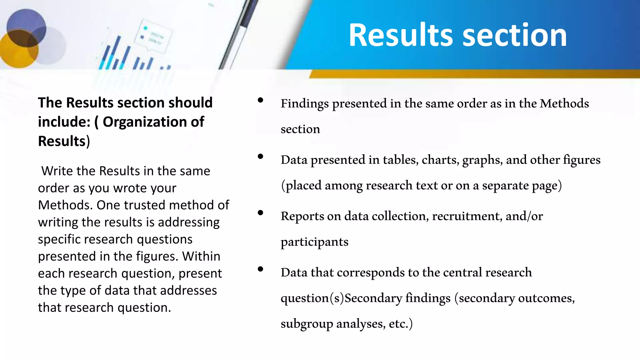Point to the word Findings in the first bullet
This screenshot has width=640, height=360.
click(x=304, y=104)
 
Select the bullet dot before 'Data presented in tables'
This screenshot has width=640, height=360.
click(x=260, y=157)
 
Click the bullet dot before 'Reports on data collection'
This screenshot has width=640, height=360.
click(x=260, y=213)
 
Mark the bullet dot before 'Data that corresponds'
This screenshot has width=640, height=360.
click(x=260, y=269)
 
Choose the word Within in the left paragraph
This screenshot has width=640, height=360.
click(x=201, y=257)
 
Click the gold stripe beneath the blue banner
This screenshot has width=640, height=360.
click(x=469, y=74)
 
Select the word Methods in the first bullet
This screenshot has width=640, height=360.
click(x=564, y=104)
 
